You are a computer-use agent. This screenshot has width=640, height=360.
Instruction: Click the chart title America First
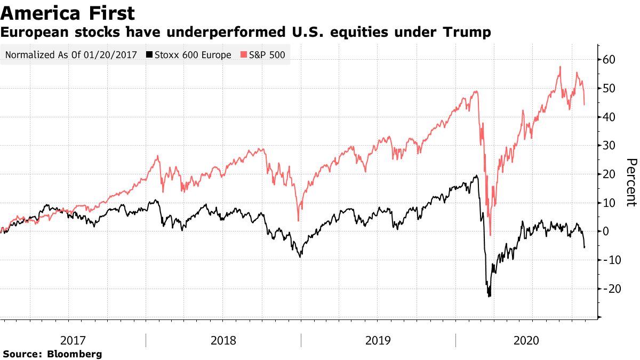coord(68,13)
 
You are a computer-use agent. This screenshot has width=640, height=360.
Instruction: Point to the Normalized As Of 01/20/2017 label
coord(70,55)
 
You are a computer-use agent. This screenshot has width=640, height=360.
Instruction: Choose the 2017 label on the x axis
coord(72,340)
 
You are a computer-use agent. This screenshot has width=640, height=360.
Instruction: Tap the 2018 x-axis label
coord(224,340)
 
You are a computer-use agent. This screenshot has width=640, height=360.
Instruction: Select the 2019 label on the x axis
coord(378,340)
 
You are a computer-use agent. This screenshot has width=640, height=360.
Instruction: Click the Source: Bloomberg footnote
coord(52,354)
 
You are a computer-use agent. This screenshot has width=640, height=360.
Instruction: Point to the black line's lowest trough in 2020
coord(489,296)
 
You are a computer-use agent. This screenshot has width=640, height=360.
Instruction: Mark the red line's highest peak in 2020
coord(560,67)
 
